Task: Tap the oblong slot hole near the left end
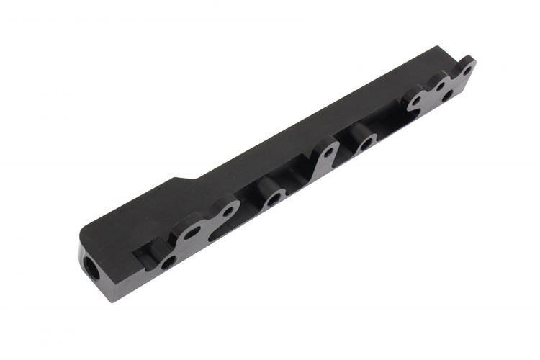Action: pos(193,232)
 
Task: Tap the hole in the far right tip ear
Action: pos(467,71)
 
